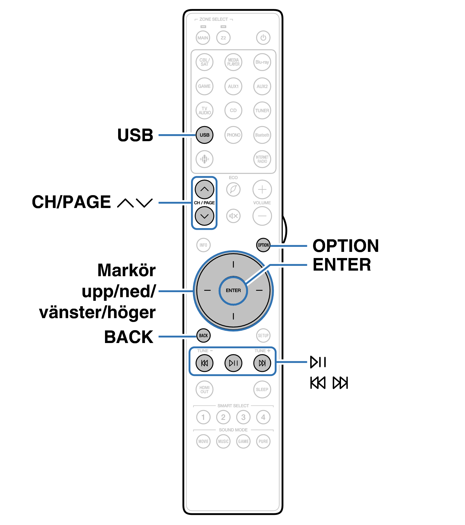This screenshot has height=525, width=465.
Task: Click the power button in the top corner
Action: point(263,38)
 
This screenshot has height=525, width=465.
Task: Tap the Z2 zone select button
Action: point(223,38)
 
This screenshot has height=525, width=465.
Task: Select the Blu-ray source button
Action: point(262,62)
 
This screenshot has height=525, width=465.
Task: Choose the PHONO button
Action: point(233,135)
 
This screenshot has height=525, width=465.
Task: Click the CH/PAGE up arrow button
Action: point(204,189)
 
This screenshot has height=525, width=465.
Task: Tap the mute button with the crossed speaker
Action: point(233,216)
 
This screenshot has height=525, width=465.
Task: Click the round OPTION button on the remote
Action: point(263,245)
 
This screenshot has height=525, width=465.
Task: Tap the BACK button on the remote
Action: point(203,335)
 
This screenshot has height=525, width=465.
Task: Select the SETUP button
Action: point(263,335)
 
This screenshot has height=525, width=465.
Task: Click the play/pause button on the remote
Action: point(233,363)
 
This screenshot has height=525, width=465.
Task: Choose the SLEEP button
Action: point(262,389)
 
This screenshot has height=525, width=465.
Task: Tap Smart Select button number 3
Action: point(243,417)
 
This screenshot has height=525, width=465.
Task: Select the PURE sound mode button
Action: point(263,441)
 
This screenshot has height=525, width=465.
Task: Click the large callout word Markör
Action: point(127,270)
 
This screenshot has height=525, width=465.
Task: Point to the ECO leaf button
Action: point(233,189)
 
